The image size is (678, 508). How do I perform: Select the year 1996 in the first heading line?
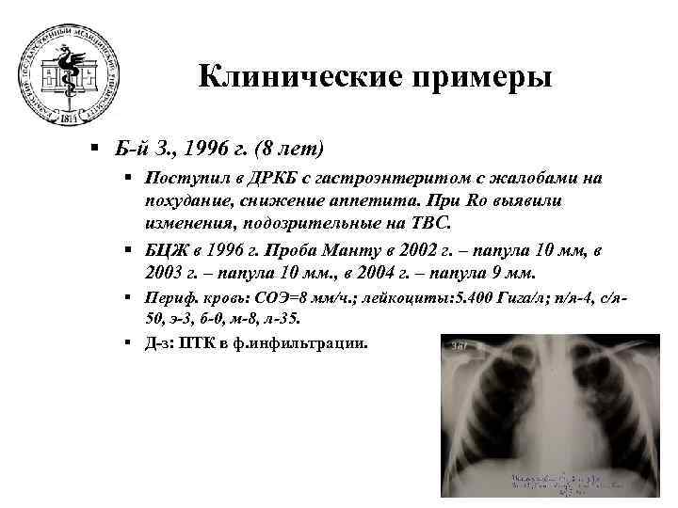212,149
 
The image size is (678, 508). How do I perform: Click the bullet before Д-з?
125,345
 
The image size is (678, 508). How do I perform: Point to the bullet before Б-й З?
95,149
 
